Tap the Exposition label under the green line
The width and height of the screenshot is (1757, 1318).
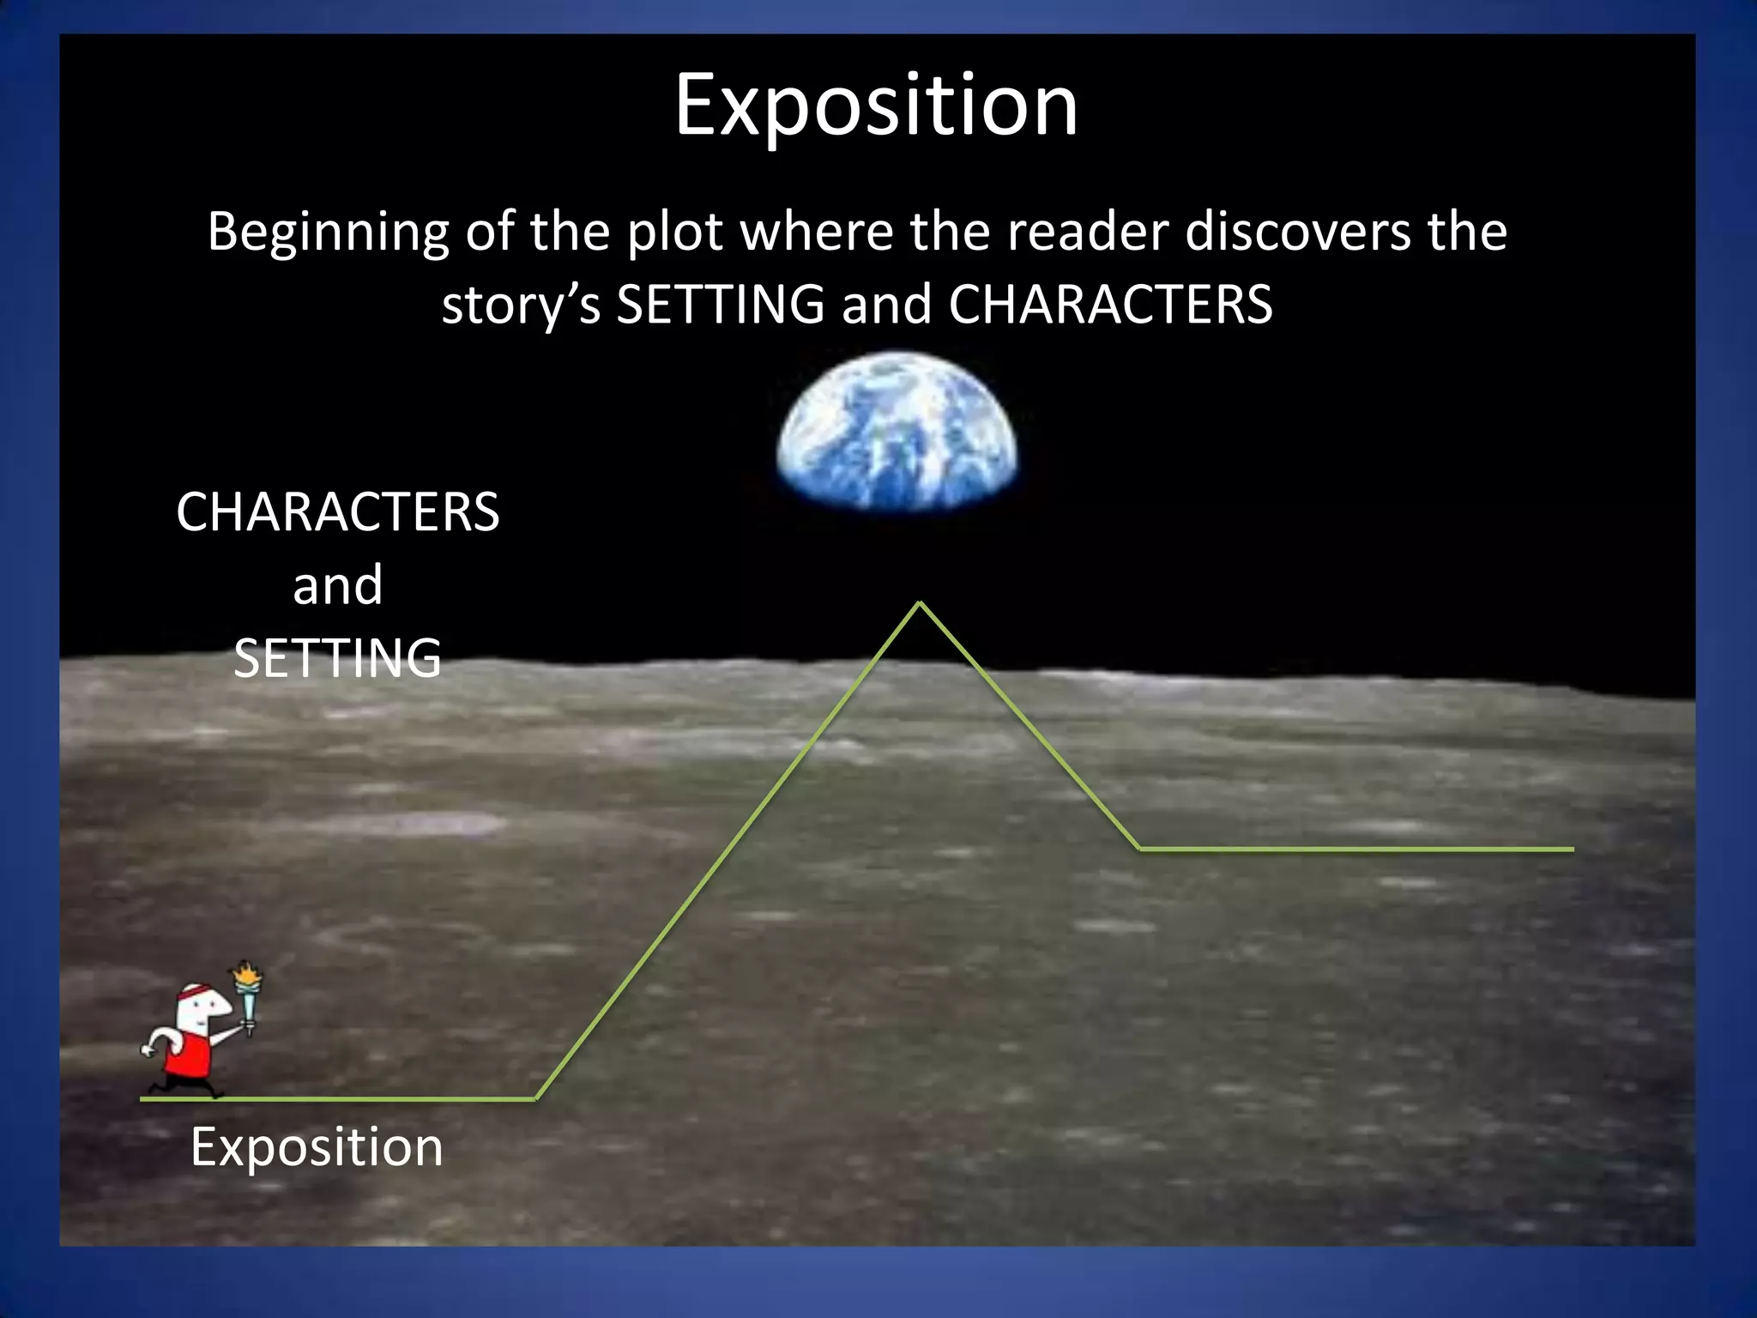click(317, 1146)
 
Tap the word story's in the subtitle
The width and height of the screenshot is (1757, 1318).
click(521, 305)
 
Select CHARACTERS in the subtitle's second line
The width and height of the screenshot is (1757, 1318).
click(1110, 305)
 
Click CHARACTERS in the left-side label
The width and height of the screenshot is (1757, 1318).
click(337, 512)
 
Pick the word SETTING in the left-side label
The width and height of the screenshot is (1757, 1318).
click(337, 658)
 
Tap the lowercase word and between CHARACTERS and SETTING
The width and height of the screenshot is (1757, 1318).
click(337, 586)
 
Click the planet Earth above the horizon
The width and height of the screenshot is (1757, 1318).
click(897, 433)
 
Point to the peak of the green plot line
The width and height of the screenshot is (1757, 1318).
click(920, 603)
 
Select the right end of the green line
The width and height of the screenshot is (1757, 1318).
click(1571, 849)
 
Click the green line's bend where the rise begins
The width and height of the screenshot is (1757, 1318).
click(535, 1097)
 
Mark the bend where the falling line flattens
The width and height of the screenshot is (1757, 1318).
click(1139, 849)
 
